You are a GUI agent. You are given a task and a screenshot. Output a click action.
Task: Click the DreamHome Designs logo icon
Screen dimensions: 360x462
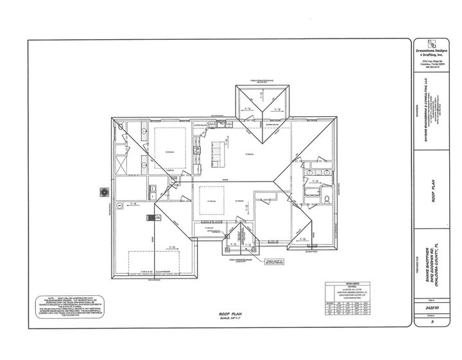click(434, 46)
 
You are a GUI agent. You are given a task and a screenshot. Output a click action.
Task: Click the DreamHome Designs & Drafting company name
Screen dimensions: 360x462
click(434, 54)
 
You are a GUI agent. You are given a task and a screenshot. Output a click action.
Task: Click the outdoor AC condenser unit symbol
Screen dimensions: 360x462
click(103, 191)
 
